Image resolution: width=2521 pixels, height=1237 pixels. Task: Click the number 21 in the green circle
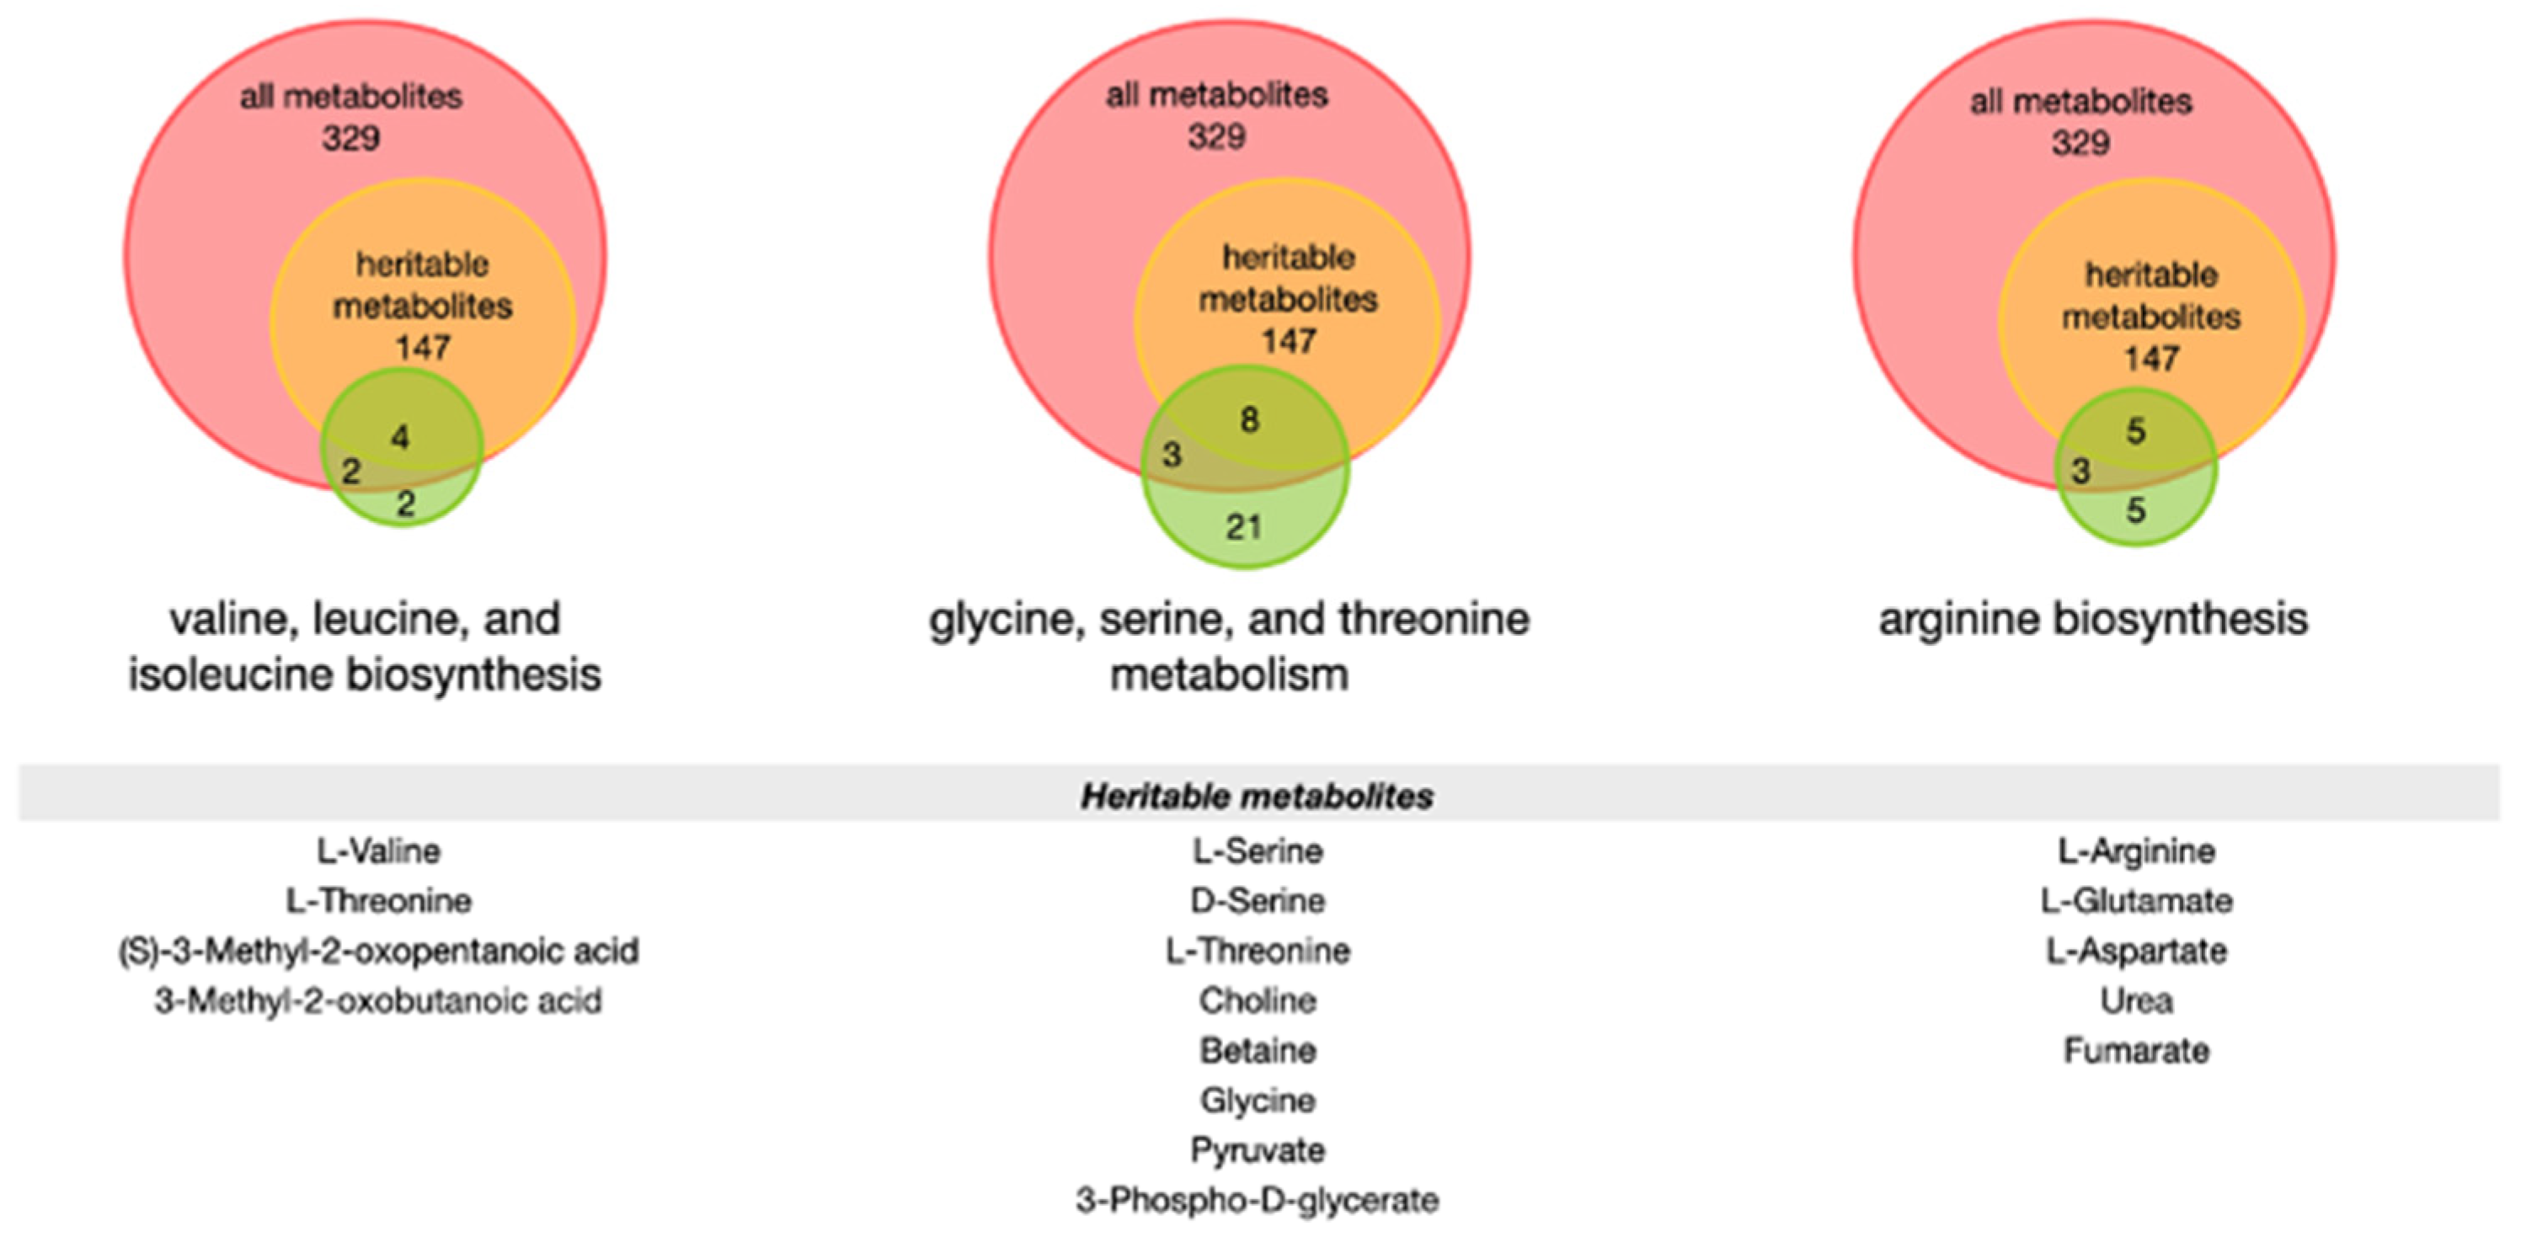[1243, 527]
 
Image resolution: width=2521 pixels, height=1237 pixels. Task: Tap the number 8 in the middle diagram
[1249, 420]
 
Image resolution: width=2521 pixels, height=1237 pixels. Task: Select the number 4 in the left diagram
[399, 436]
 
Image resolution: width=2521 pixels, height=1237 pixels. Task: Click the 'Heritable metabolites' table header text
[1257, 796]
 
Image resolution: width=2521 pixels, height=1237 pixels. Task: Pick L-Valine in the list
[377, 850]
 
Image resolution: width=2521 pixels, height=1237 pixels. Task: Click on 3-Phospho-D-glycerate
[1257, 1200]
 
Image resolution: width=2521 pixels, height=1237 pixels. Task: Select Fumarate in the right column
[2136, 1050]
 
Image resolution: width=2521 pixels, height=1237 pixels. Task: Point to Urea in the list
[2136, 1000]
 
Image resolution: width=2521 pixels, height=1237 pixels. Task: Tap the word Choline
[1257, 1000]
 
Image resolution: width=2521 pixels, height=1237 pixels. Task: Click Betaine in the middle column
[1257, 1050]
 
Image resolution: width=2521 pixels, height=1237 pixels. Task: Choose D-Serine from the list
[1257, 900]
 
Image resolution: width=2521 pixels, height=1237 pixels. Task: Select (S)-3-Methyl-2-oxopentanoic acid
[377, 950]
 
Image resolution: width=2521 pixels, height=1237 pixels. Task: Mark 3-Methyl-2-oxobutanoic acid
[377, 1000]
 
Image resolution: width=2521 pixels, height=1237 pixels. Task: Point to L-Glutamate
[2136, 900]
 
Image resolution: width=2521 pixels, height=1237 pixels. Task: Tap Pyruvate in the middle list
[1257, 1150]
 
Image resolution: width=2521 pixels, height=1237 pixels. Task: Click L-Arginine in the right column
[2136, 850]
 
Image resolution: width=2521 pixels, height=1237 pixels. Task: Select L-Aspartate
[2136, 950]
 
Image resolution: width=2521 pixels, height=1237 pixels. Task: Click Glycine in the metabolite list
[1257, 1100]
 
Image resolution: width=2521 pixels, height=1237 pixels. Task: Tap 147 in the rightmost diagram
[2150, 358]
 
